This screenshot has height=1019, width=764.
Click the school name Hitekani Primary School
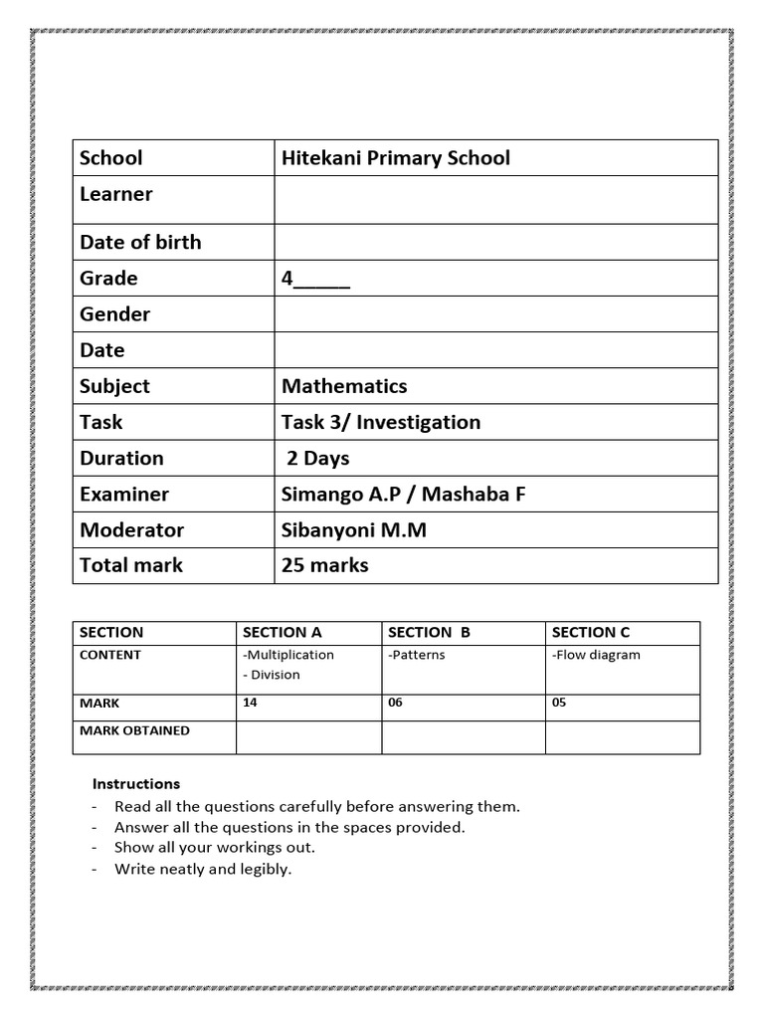(x=395, y=158)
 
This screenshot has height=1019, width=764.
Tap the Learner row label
(x=116, y=194)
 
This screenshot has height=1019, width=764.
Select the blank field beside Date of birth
(x=495, y=242)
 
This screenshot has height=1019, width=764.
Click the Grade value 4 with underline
(x=315, y=279)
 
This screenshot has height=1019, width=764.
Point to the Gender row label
(x=114, y=314)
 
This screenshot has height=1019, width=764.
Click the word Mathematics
(x=344, y=386)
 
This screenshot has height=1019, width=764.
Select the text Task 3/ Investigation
(x=380, y=422)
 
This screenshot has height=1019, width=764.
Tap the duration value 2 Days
(x=318, y=458)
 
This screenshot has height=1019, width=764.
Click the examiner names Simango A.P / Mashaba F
(x=403, y=494)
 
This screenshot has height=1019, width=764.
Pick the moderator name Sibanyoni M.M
(x=353, y=529)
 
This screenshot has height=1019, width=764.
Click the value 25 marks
(x=324, y=565)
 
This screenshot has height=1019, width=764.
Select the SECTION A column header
(x=283, y=632)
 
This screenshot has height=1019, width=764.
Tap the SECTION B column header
(x=429, y=632)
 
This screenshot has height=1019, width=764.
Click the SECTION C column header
(x=591, y=632)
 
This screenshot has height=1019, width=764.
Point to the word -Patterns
(x=417, y=655)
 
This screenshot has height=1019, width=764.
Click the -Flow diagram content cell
(x=596, y=655)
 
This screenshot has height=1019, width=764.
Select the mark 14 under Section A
(x=250, y=703)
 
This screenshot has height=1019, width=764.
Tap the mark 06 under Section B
(x=395, y=703)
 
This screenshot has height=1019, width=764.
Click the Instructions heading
(x=136, y=784)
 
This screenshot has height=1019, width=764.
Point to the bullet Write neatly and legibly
(x=203, y=869)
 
